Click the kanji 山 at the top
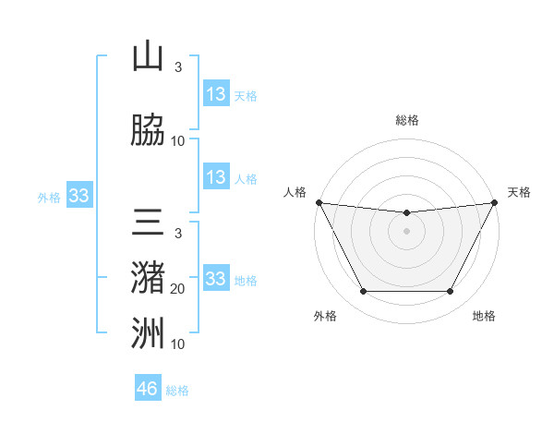pyautogui.click(x=148, y=57)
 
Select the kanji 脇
pyautogui.click(x=148, y=131)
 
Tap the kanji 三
pyautogui.click(x=148, y=225)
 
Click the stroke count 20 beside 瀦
pyautogui.click(x=178, y=289)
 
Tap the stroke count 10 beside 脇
pyautogui.click(x=178, y=141)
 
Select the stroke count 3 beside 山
pyautogui.click(x=178, y=67)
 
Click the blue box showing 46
pyautogui.click(x=148, y=389)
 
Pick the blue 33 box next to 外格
pyautogui.click(x=78, y=196)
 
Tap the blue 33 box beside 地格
pyautogui.click(x=215, y=278)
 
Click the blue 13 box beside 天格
pyautogui.click(x=216, y=94)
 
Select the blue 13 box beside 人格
pyautogui.click(x=216, y=177)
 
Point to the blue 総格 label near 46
pyautogui.click(x=177, y=391)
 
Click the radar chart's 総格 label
pyautogui.click(x=407, y=120)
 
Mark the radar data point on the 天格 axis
pyautogui.click(x=495, y=202)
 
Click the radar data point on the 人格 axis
pyautogui.click(x=319, y=202)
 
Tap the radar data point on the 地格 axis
pyautogui.click(x=450, y=292)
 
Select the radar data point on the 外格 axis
pyautogui.click(x=363, y=292)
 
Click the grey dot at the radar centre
pyautogui.click(x=407, y=231)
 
